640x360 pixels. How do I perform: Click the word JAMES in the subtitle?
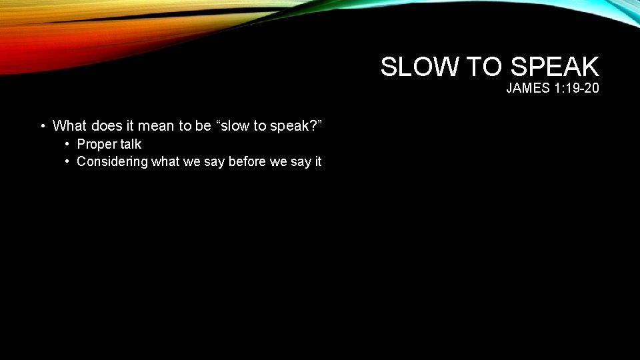point(528,88)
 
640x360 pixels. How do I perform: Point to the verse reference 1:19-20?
point(577,88)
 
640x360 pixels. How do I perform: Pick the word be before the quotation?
point(203,125)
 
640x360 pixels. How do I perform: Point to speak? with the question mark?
point(299,125)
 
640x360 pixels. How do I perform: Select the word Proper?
point(97,144)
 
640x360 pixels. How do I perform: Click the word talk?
point(131,144)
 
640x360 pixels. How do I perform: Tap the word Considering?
point(112,161)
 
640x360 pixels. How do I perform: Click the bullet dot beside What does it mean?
point(43,126)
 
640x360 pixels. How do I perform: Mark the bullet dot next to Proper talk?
point(68,145)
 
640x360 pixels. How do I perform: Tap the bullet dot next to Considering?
point(68,162)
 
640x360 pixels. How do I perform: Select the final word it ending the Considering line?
point(317,161)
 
